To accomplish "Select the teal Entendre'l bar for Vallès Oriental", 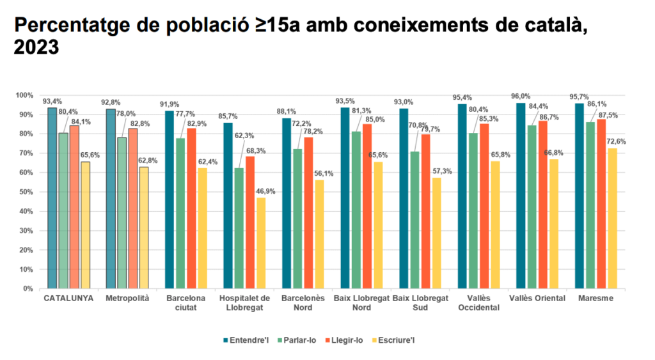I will point(521,196).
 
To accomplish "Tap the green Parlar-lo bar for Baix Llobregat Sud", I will point(415,220).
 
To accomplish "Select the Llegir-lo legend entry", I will point(343,340).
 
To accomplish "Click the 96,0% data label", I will point(520,97).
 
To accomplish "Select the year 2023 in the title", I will point(36,47).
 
